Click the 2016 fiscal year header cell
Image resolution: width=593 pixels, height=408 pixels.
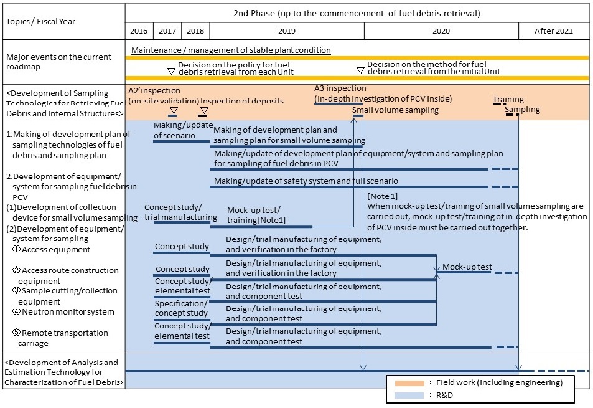[139, 31]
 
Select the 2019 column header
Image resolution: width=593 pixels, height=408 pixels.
[286, 31]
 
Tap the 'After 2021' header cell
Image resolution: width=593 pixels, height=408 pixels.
[554, 31]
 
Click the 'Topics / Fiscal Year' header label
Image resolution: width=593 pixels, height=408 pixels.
[41, 21]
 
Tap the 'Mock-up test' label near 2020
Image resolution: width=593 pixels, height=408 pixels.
[467, 267]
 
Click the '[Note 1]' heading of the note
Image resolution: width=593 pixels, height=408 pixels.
[383, 196]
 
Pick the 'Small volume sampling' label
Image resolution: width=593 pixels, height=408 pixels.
[395, 110]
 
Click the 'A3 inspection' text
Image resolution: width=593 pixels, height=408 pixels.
[340, 89]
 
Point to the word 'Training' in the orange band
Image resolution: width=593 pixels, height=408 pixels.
[508, 99]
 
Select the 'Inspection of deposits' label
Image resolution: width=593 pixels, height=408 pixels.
[242, 101]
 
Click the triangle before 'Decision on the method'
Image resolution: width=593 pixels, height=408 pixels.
[360, 70]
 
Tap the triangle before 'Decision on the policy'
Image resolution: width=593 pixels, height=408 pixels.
[171, 70]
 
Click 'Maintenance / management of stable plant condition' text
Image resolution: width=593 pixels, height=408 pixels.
[231, 50]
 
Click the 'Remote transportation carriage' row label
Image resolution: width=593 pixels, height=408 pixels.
[62, 338]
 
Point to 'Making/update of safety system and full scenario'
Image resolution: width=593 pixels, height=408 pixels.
[306, 181]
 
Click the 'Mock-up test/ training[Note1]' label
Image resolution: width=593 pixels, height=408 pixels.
[256, 215]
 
